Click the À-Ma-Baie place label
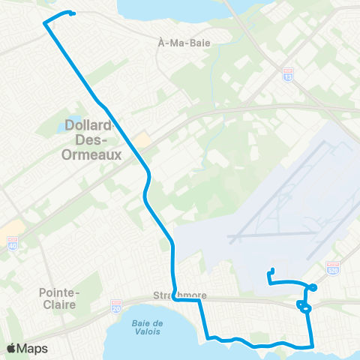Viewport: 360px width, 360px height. pyautogui.click(x=185, y=43)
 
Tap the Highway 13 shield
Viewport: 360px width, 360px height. pyautogui.click(x=288, y=76)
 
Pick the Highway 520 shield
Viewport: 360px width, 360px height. pyautogui.click(x=334, y=268)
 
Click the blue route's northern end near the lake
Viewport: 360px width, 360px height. pyautogui.click(x=73, y=13)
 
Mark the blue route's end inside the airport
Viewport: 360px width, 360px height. pyautogui.click(x=273, y=270)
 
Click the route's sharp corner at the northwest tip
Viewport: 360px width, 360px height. pyautogui.click(x=45, y=23)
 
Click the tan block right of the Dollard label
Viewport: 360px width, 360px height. pyautogui.click(x=142, y=140)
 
